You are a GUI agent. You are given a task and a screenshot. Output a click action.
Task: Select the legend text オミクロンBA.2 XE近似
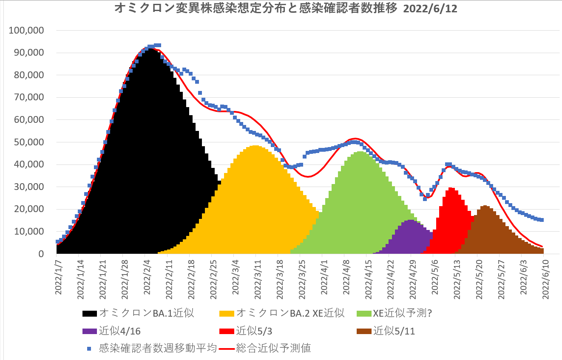(x=290, y=314)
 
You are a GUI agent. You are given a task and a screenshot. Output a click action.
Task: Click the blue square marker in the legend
(x=89, y=349)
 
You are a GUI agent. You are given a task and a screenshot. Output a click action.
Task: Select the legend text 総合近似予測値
(x=273, y=349)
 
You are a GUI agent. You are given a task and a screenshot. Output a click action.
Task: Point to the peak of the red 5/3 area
(x=451, y=189)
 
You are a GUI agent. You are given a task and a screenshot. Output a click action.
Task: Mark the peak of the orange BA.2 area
(x=255, y=147)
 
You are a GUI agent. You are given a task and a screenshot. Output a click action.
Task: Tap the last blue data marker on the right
(x=542, y=220)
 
